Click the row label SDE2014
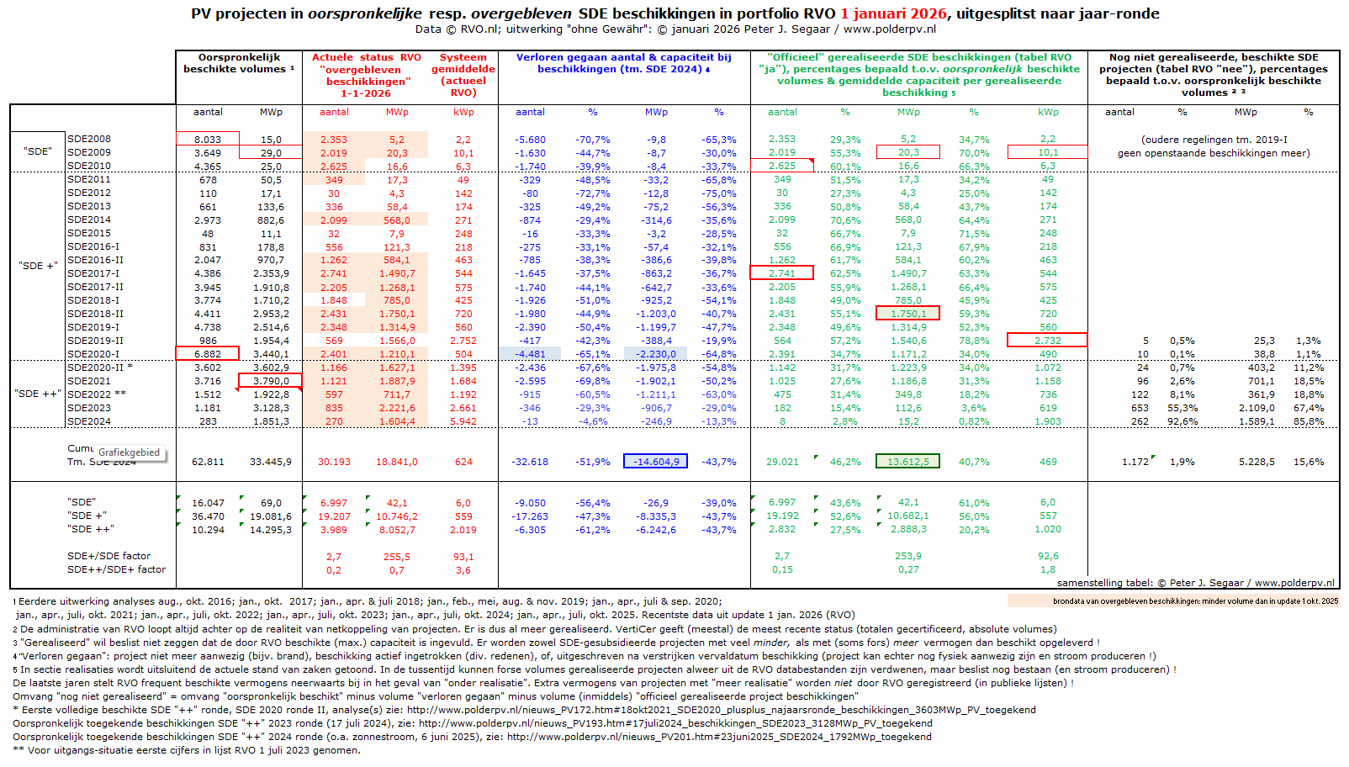click(89, 220)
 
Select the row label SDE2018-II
click(95, 314)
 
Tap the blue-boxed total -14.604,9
click(656, 462)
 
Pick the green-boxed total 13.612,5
click(908, 462)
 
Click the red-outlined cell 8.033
click(208, 140)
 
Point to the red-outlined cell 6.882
click(208, 354)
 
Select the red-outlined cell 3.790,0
click(271, 381)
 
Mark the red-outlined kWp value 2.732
click(1048, 341)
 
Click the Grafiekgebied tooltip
click(129, 452)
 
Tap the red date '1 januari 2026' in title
click(893, 13)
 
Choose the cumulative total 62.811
click(208, 462)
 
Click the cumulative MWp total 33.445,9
click(271, 462)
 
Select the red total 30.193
click(334, 462)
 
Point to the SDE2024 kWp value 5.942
click(463, 421)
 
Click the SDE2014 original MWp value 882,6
click(271, 220)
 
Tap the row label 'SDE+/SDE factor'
click(109, 556)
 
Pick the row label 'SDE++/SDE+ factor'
click(117, 569)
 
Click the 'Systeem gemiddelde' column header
click(463, 75)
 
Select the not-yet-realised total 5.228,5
click(1256, 462)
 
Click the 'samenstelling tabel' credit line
click(1195, 583)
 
